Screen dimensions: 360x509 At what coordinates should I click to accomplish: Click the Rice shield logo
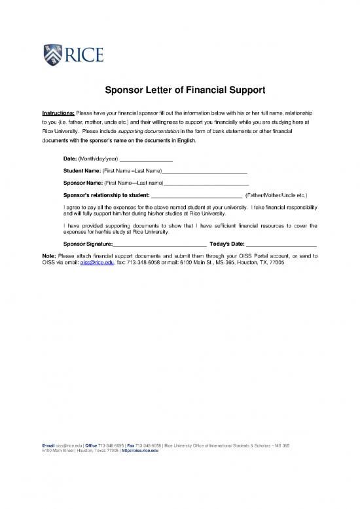pos(52,52)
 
